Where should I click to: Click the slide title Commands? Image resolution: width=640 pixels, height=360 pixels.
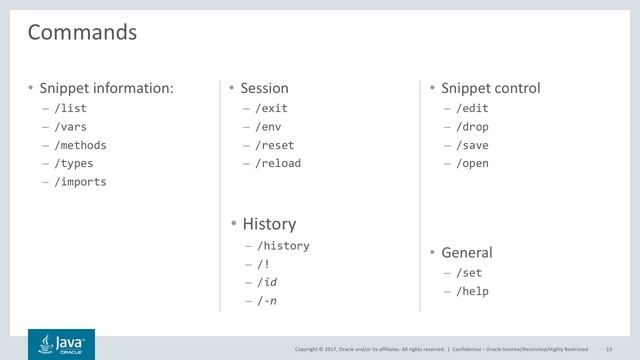click(82, 32)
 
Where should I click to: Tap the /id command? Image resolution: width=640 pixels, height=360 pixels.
click(267, 281)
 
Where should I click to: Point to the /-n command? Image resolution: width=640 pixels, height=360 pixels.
click(267, 299)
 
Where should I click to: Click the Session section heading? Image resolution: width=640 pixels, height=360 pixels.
click(264, 88)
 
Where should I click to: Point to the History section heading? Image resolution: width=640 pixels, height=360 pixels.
click(269, 224)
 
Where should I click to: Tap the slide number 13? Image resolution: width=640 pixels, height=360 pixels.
click(608, 348)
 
